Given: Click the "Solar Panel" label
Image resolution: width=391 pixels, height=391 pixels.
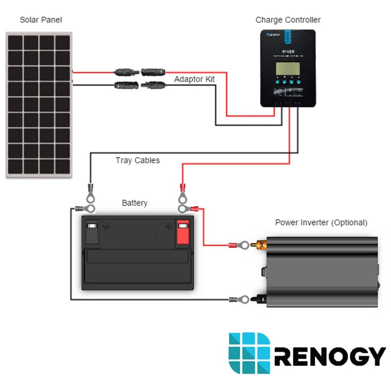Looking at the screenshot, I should click(41, 20).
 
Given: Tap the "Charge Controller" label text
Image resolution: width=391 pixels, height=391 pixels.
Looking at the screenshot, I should click(288, 20).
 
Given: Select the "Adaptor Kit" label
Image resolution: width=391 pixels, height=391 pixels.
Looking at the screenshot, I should click(194, 79).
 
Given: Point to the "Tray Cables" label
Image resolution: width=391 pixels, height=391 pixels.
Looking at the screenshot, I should click(138, 160).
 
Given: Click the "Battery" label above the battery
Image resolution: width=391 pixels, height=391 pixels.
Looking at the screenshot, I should click(135, 203).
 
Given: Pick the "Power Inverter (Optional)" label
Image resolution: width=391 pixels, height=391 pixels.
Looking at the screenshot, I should click(321, 223).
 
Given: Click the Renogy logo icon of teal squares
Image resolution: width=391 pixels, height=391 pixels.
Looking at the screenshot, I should click(249, 353).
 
